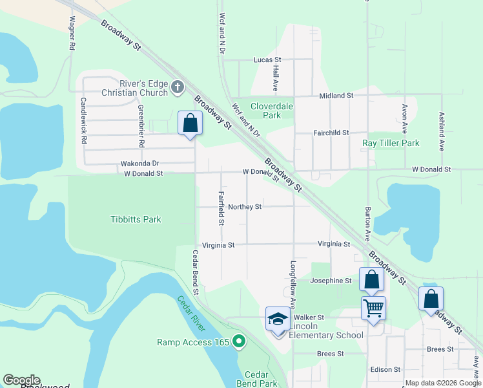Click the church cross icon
(x=178, y=87)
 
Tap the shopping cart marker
(x=373, y=308)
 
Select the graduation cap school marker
(x=278, y=319)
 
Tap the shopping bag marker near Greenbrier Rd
(x=190, y=122)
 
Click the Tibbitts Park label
(x=135, y=219)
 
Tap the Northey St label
(x=245, y=207)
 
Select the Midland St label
(x=336, y=96)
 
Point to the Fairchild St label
(x=331, y=133)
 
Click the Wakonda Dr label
(x=139, y=164)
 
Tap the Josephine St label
(x=331, y=281)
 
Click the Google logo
(x=21, y=380)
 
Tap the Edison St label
(x=385, y=369)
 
